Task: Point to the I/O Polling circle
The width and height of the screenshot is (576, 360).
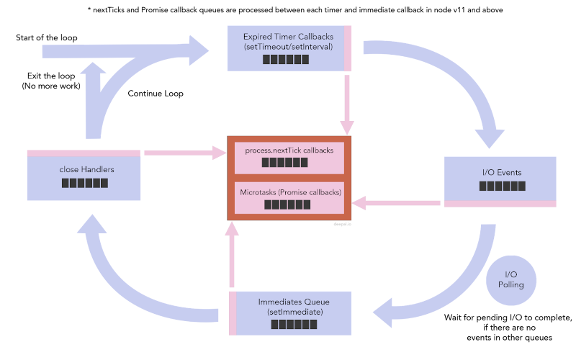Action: [510, 280]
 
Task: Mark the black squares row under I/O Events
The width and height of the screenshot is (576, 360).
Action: [502, 186]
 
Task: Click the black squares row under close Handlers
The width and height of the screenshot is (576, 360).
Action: [84, 183]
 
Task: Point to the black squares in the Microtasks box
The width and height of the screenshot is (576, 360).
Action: [287, 204]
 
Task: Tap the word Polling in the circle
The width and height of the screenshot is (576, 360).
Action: [510, 285]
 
